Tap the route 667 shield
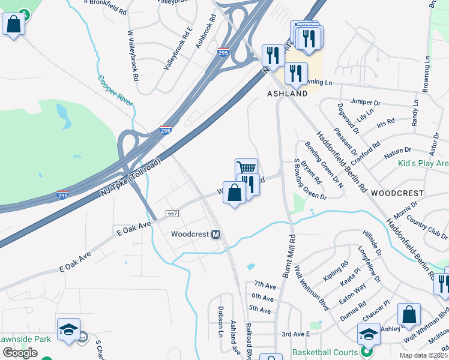[x=172, y=214]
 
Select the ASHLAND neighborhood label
[x=287, y=94]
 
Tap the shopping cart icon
[x=246, y=167]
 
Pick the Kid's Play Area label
[x=423, y=163]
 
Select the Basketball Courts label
[x=327, y=353]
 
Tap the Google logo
[x=20, y=353]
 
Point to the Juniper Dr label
[x=365, y=103]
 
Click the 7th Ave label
[x=264, y=284]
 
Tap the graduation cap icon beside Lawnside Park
[x=68, y=329]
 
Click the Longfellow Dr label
[x=369, y=265]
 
